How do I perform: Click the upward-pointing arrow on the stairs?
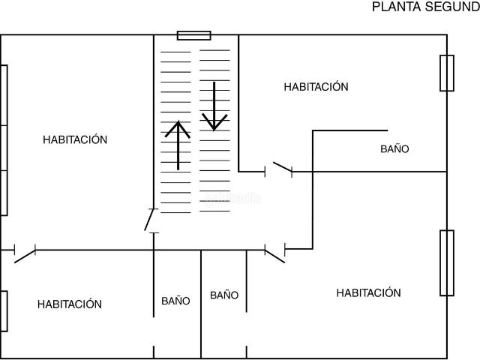pyautogui.click(x=178, y=145)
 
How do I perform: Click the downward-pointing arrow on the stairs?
pyautogui.click(x=214, y=106)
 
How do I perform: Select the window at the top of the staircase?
pyautogui.click(x=194, y=35)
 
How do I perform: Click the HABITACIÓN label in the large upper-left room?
pyautogui.click(x=75, y=139)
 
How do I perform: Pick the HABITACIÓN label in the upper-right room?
pyautogui.click(x=316, y=87)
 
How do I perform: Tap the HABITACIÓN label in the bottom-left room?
pyautogui.click(x=70, y=304)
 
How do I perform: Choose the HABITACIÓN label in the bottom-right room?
pyautogui.click(x=368, y=292)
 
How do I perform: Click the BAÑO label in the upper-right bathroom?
pyautogui.click(x=394, y=148)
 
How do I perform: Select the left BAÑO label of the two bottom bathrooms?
pyautogui.click(x=175, y=301)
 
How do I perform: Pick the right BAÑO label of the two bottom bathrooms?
pyautogui.click(x=224, y=295)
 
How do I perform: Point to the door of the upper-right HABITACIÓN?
pyautogui.click(x=282, y=166)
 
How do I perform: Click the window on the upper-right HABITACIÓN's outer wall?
pyautogui.click(x=447, y=73)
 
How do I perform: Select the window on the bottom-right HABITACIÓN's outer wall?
pyautogui.click(x=447, y=263)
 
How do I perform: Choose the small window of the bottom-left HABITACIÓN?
pyautogui.click(x=4, y=311)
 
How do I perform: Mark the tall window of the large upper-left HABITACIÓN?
pyautogui.click(x=4, y=140)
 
